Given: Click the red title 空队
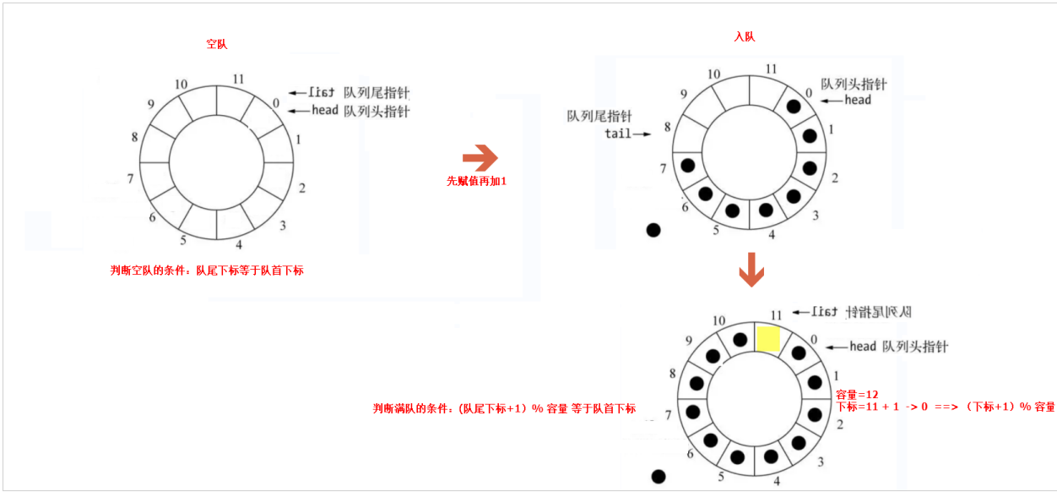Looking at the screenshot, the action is pos(216,43).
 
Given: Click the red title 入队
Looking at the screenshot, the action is pos(744,36).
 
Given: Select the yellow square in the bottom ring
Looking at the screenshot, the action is pos(767,338).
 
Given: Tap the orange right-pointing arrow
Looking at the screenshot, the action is pos(480,158).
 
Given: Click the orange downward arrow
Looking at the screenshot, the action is pos(751,270).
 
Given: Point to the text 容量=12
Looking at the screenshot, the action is pos(857,395).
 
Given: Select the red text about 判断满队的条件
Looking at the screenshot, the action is pos(504,408).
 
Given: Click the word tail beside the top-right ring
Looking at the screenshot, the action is pos(618,134).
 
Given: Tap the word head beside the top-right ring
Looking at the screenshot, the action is pos(858,100).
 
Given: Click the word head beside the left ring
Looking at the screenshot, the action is pos(324,110).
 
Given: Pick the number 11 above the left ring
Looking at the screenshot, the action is pos(238,79).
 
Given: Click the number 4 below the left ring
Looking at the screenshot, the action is pos(239,245).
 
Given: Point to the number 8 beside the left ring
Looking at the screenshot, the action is pos(134,137).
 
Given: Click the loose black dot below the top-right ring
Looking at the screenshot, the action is pos(653,229).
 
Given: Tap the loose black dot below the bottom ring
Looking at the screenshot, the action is pos(659,477).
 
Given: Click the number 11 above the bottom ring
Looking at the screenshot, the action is pos(778,314).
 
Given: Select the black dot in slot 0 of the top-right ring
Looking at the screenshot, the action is pos(794,107).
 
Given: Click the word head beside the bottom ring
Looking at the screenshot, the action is pos(863,346).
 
